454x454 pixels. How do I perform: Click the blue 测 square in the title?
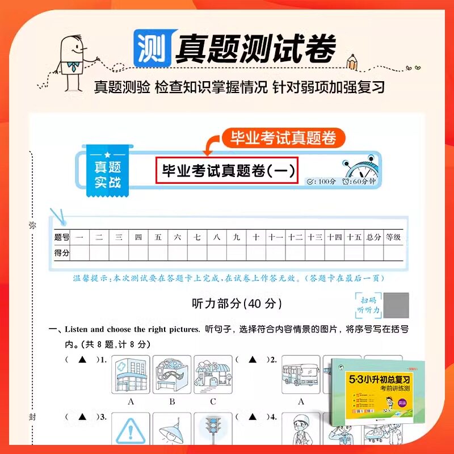pos(152,47)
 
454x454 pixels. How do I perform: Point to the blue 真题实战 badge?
pos(107,174)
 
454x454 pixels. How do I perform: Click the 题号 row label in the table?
pos(61,237)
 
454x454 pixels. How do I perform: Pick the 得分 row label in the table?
pos(61,253)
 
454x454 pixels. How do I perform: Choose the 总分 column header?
pos(373,237)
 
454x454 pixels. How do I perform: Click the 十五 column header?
pos(354,237)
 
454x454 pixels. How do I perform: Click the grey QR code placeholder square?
pos(396,305)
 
